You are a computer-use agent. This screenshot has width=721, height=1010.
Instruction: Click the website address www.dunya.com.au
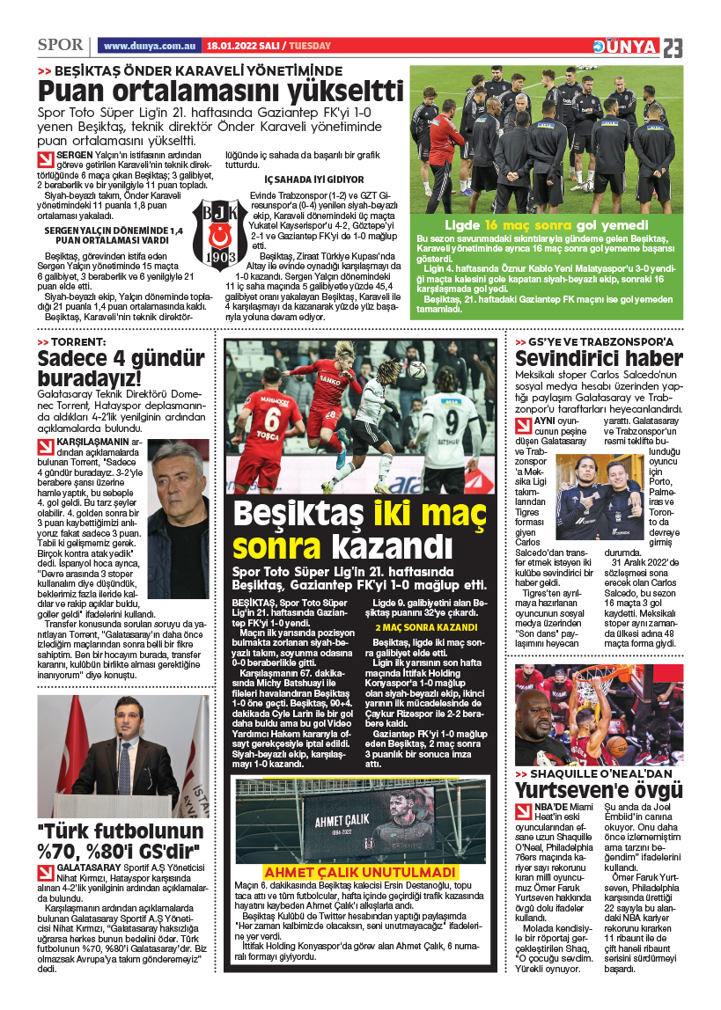point(148,46)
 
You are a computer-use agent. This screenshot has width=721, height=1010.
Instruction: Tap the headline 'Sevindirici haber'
point(599,358)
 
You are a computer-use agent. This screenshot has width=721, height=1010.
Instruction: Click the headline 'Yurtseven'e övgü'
point(599,789)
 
